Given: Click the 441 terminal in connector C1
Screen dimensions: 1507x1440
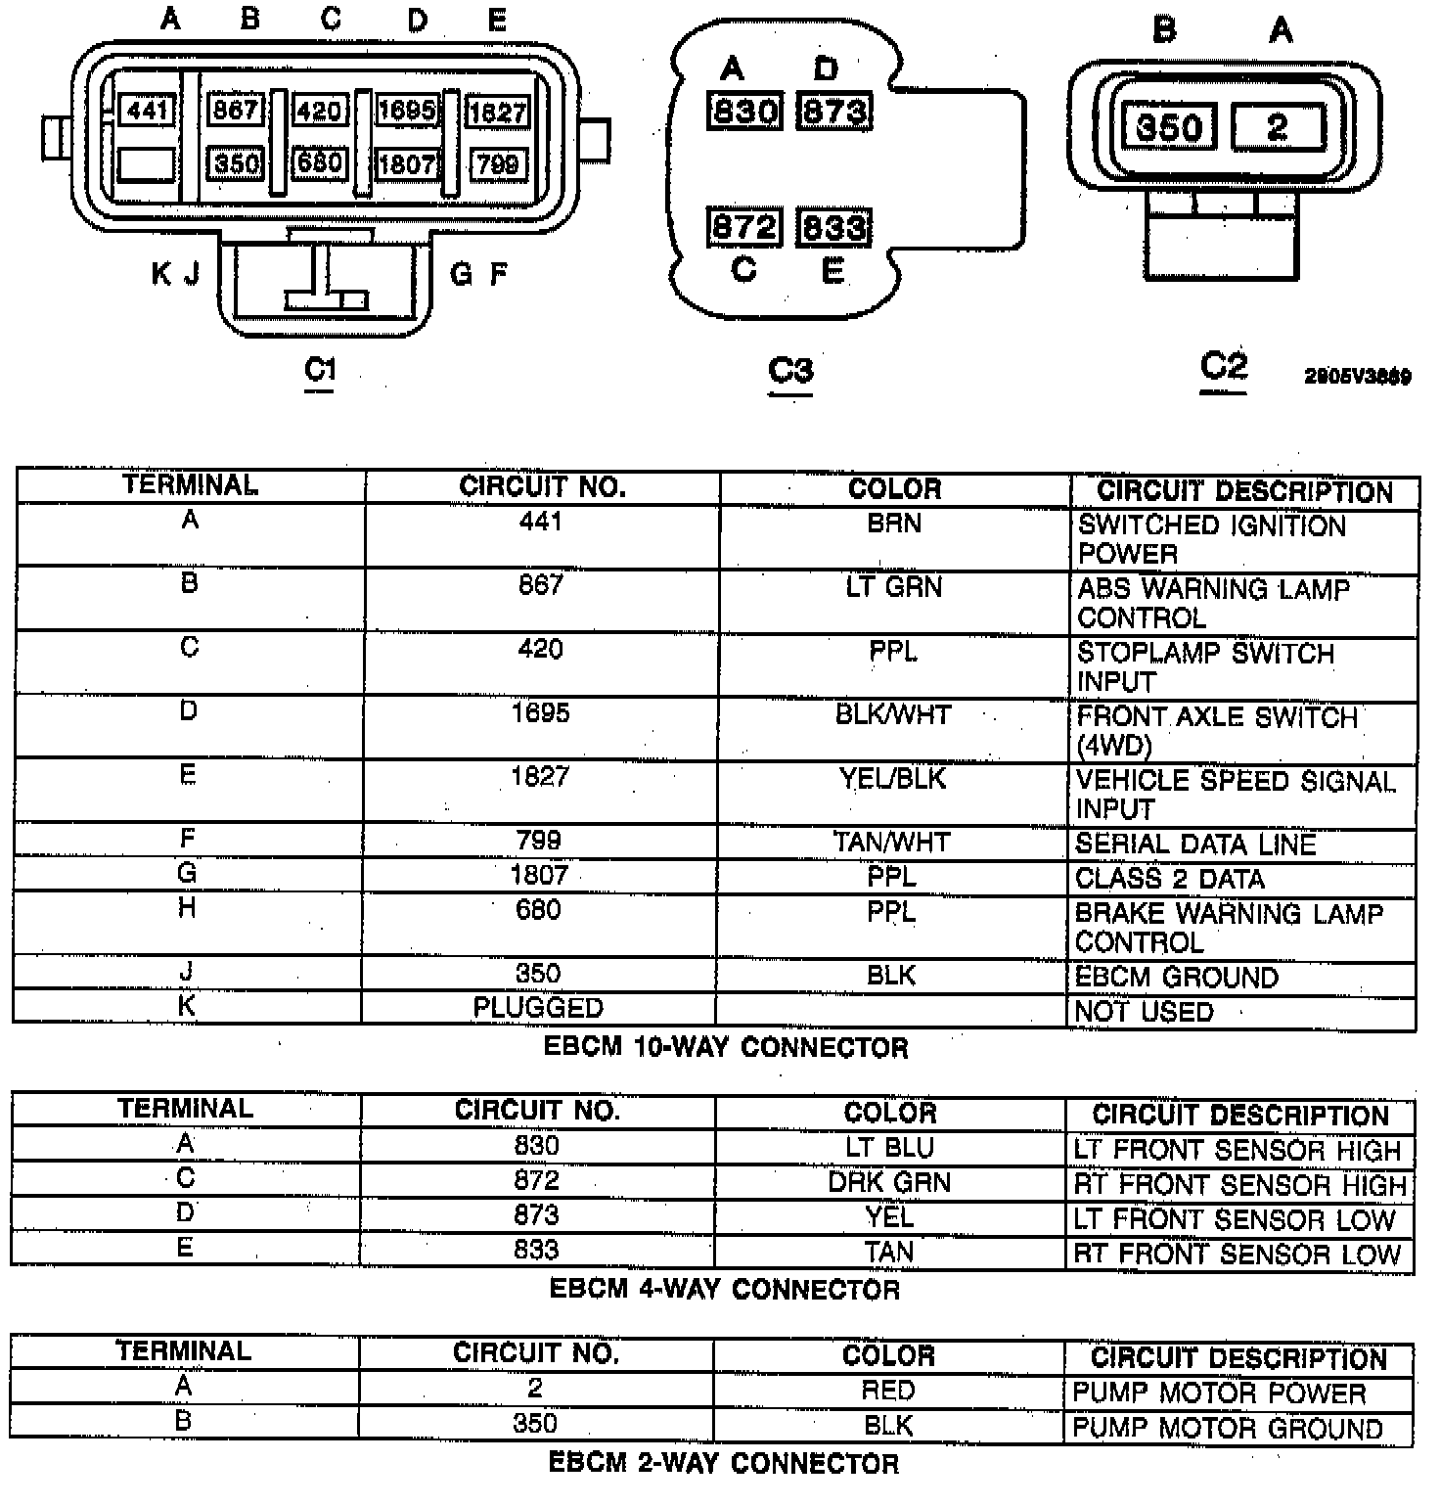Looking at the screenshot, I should (147, 110).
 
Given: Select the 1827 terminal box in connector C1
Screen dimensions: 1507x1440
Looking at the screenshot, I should (498, 112).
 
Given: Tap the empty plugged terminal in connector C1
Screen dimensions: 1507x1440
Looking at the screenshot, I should (146, 164).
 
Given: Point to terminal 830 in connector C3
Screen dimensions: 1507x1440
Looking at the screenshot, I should (744, 112).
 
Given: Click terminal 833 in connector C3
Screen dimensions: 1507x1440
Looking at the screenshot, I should (833, 227).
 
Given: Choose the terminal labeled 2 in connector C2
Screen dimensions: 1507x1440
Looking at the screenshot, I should (1278, 127).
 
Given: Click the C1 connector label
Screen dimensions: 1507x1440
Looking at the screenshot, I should (320, 370).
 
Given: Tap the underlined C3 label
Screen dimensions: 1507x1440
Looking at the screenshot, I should (790, 371).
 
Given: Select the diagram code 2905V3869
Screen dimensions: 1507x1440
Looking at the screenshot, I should (1357, 377).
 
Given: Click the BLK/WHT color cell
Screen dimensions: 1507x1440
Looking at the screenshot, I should (893, 714).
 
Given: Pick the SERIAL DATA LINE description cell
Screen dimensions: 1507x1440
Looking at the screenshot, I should (1195, 844).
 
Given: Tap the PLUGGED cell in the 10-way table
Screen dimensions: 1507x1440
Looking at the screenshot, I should (538, 1007).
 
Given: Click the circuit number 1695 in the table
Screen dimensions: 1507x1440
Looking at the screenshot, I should (540, 712).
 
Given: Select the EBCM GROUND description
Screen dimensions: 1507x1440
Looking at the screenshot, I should (1176, 977).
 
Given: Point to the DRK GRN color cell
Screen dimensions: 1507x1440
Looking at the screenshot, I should (889, 1182).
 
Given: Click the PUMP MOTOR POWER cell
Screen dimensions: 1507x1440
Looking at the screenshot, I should (1219, 1392).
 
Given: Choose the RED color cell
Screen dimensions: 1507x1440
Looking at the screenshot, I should (888, 1391).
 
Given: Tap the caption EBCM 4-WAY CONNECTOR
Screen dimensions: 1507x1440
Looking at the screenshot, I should (724, 1289).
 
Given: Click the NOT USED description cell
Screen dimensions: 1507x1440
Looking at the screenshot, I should (1144, 1011).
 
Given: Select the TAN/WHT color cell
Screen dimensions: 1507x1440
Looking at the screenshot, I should (891, 842).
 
